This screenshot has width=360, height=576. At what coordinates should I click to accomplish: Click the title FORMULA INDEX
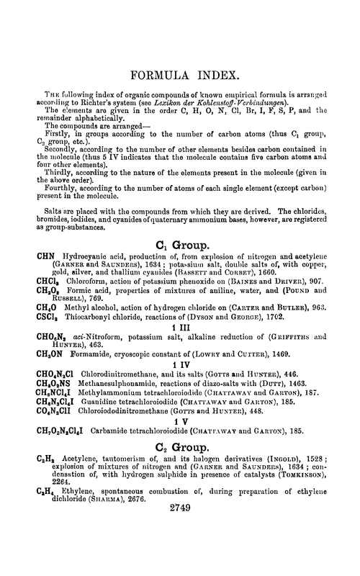pos(179,76)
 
